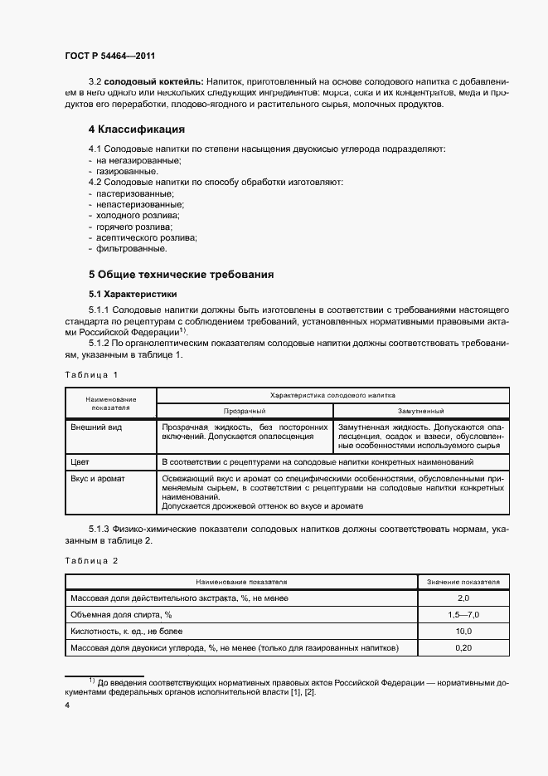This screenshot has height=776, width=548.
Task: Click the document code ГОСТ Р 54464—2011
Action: (x=110, y=56)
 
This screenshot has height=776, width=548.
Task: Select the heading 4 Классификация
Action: (x=136, y=129)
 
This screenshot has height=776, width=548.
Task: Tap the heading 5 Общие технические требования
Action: (x=181, y=274)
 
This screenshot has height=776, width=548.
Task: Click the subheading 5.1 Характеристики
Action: (x=132, y=294)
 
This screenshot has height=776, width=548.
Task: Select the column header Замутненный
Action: (x=420, y=411)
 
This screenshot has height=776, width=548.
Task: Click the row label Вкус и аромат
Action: (x=101, y=479)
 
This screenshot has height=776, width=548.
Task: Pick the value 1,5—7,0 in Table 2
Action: (x=463, y=614)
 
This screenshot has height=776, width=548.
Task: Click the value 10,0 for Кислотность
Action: (x=463, y=631)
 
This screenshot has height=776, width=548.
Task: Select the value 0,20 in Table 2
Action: (x=463, y=647)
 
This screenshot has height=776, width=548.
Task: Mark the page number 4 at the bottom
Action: (x=68, y=705)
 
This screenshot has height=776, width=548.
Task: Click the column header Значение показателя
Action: (x=463, y=582)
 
